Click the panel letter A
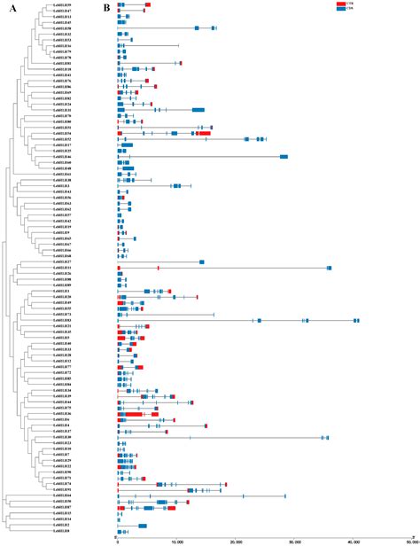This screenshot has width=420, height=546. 5,7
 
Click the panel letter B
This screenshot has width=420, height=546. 105,7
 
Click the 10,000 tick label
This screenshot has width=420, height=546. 176,540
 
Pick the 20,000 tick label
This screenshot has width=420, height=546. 236,540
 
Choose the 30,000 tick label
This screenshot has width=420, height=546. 295,540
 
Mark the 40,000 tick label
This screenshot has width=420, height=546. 354,540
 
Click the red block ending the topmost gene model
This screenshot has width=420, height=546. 147,4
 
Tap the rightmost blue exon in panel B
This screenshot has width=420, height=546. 356,320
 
